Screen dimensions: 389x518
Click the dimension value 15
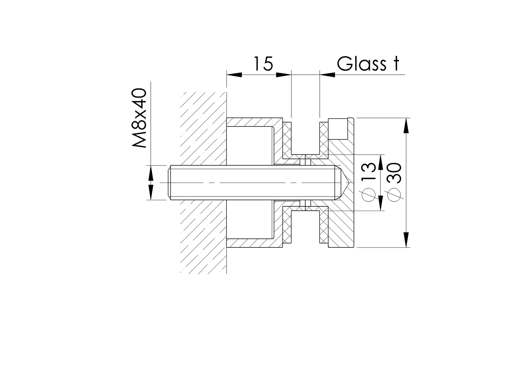point(263,64)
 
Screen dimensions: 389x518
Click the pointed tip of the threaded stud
point(348,183)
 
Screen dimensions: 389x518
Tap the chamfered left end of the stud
point(170,183)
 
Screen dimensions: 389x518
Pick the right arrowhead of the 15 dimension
point(284,74)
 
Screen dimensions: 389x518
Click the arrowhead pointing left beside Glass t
point(327,74)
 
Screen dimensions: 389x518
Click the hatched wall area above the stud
point(203,130)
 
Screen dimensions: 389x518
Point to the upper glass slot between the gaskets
point(305,136)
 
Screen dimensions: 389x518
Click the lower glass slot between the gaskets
point(305,228)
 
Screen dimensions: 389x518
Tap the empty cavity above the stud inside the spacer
point(250,145)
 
